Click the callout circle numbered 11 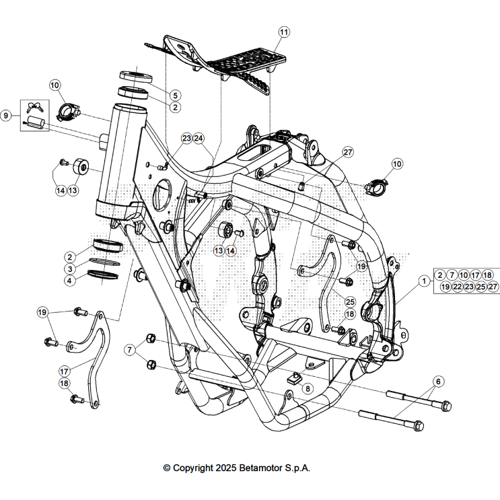coord(283,32)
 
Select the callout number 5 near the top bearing coord(174,96)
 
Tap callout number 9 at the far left coord(6,116)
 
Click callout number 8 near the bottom coord(308,388)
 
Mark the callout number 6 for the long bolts coord(438,382)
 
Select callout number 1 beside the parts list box coord(423,281)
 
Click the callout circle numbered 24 coord(199,138)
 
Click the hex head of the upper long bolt coord(445,406)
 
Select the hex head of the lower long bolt coord(418,426)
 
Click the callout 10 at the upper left coord(55,85)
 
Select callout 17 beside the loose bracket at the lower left coord(65,370)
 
